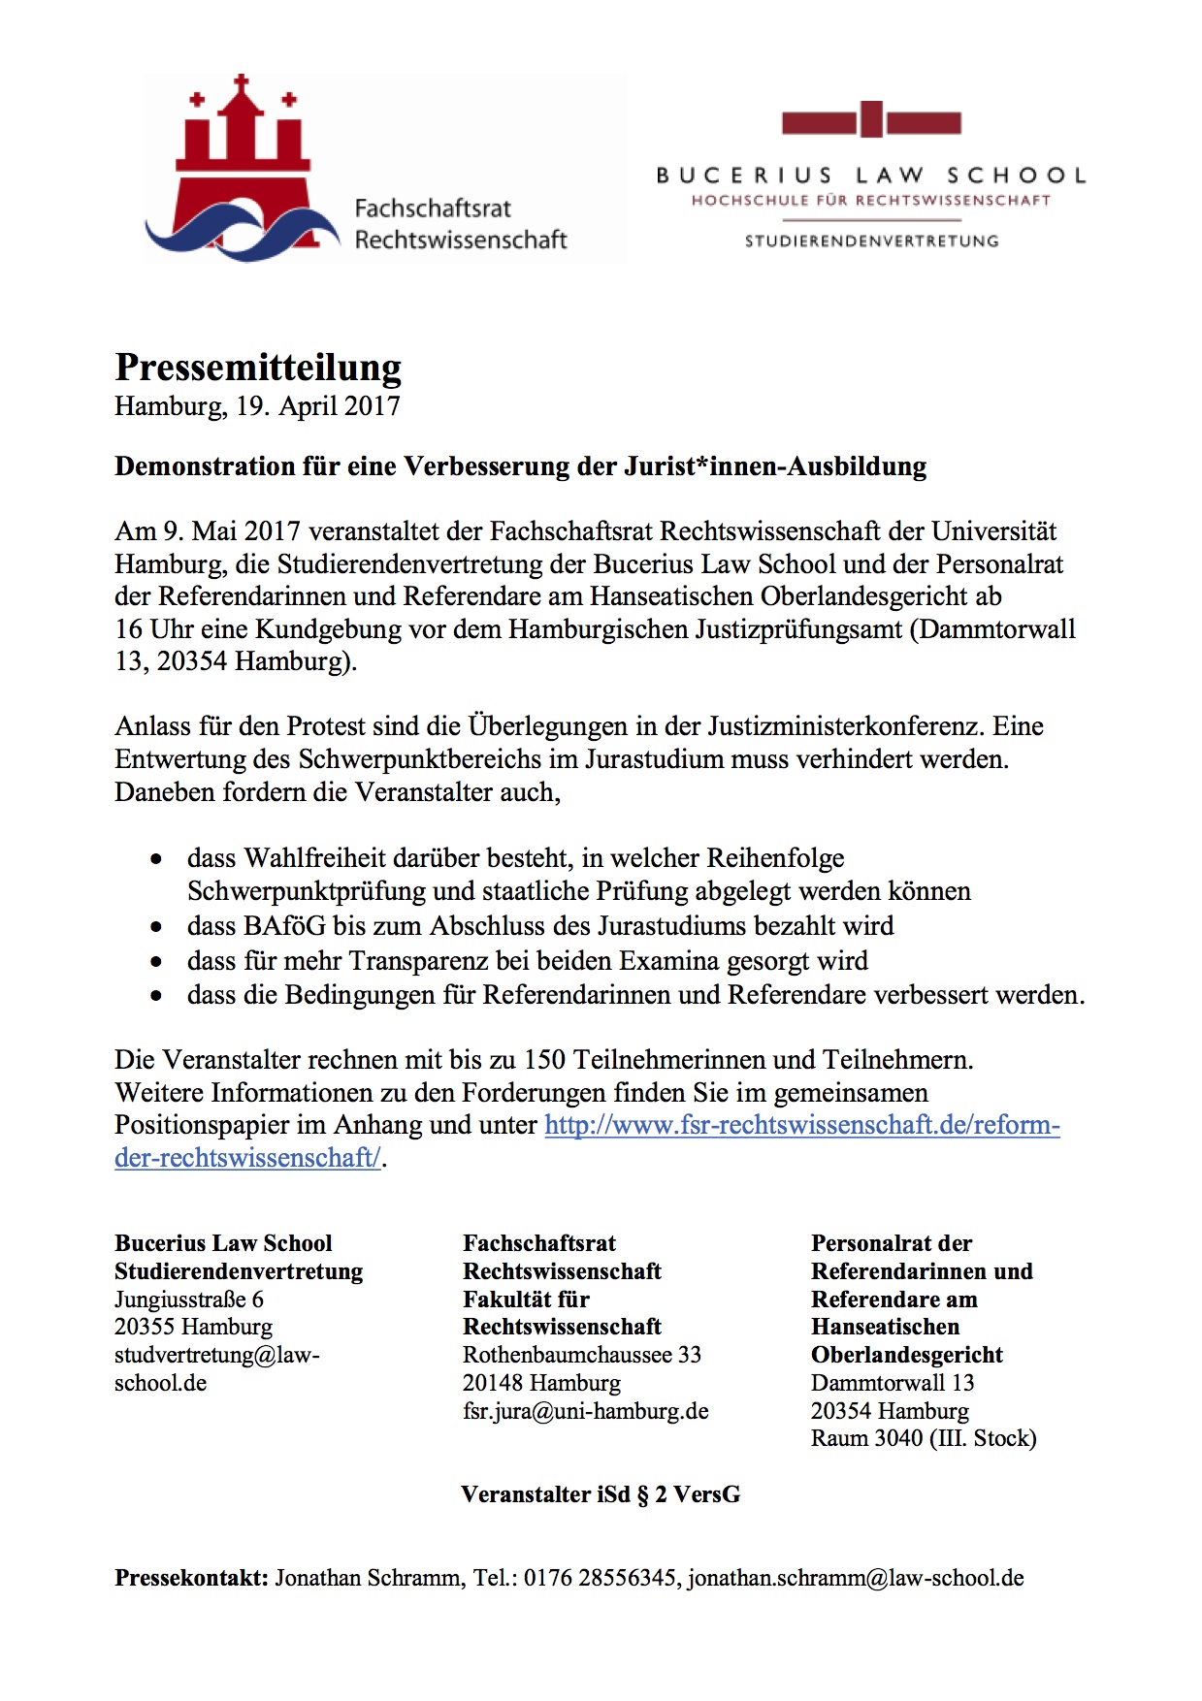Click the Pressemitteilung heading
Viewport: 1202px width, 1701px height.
coord(258,369)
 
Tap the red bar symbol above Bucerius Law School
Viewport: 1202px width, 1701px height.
coord(871,121)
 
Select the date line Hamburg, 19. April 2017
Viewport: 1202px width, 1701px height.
coord(257,405)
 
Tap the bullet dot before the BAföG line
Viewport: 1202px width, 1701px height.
coord(156,927)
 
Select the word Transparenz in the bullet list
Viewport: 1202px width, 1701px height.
coord(416,961)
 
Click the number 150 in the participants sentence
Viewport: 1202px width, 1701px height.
coord(545,1059)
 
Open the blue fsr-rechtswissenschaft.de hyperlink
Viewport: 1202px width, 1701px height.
coord(801,1125)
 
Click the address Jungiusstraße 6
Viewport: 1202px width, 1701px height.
coord(189,1300)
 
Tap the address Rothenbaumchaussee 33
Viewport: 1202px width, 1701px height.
coord(582,1355)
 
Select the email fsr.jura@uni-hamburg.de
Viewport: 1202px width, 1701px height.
coord(586,1411)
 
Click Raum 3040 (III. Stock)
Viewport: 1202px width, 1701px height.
coord(924,1438)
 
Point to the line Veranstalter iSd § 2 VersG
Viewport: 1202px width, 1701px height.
coord(601,1494)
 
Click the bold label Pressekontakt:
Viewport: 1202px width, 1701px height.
coord(191,1578)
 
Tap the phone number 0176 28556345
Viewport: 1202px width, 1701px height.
coord(600,1578)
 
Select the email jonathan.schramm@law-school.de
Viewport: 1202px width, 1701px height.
coord(856,1578)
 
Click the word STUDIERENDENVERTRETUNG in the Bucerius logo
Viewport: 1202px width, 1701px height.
coord(871,241)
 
